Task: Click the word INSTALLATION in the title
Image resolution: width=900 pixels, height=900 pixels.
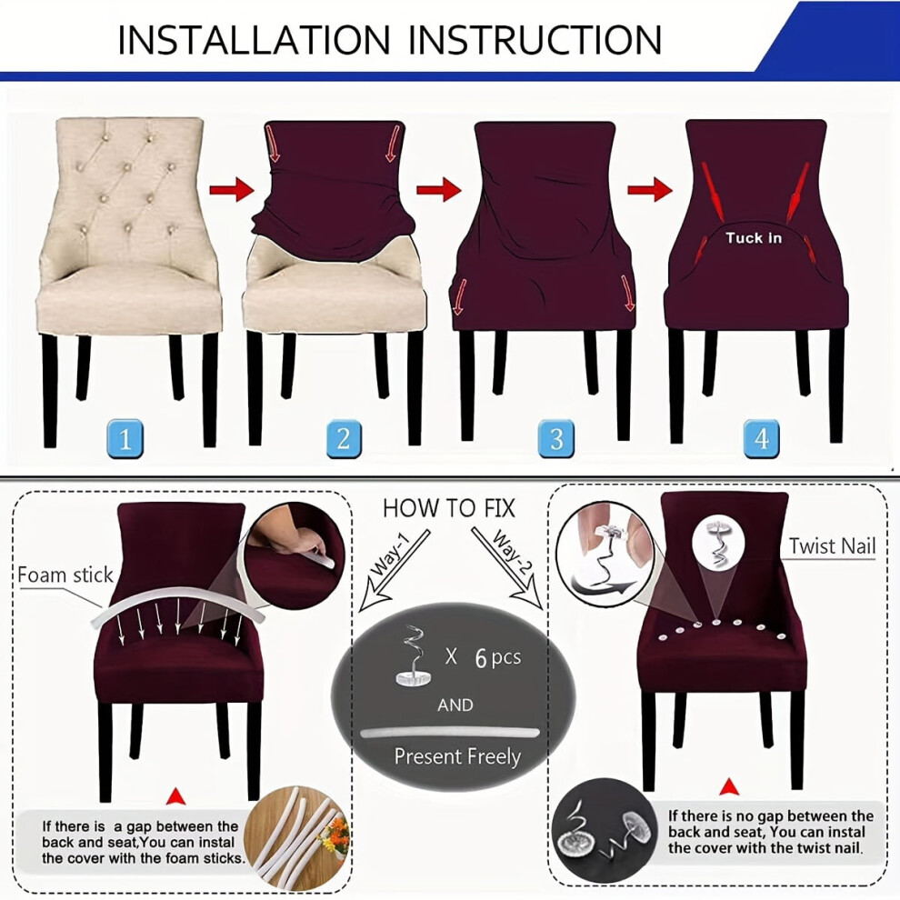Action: pyautogui.click(x=254, y=40)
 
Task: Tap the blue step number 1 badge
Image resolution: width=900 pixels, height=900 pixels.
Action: pyautogui.click(x=125, y=439)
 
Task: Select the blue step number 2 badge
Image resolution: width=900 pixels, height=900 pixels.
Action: pyautogui.click(x=344, y=439)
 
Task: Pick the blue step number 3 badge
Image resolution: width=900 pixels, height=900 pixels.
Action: pyautogui.click(x=556, y=439)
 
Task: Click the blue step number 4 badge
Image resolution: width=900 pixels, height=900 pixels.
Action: pyautogui.click(x=762, y=439)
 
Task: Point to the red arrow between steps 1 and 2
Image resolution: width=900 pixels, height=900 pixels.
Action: pyautogui.click(x=231, y=189)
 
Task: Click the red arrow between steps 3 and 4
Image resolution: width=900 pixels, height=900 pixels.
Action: pyautogui.click(x=650, y=189)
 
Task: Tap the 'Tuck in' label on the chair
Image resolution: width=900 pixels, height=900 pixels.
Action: pyautogui.click(x=753, y=237)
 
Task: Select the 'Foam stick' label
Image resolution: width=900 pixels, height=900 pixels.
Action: pyautogui.click(x=65, y=575)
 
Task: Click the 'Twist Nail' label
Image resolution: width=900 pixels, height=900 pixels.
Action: pyautogui.click(x=832, y=545)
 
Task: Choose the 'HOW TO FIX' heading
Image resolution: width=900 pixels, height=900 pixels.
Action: pyautogui.click(x=449, y=508)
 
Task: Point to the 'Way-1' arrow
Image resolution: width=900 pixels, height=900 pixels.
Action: pyautogui.click(x=393, y=570)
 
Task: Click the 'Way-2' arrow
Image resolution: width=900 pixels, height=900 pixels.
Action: pyautogui.click(x=507, y=568)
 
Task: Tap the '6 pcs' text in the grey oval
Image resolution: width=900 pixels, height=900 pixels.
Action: pyautogui.click(x=497, y=657)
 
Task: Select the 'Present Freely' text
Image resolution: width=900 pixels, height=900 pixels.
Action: pyautogui.click(x=457, y=757)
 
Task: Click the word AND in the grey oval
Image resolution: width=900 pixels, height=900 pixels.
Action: pyautogui.click(x=455, y=705)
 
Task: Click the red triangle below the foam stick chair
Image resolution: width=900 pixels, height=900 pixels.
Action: pyautogui.click(x=176, y=796)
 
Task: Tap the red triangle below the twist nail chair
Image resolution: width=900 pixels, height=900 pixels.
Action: pyautogui.click(x=729, y=787)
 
